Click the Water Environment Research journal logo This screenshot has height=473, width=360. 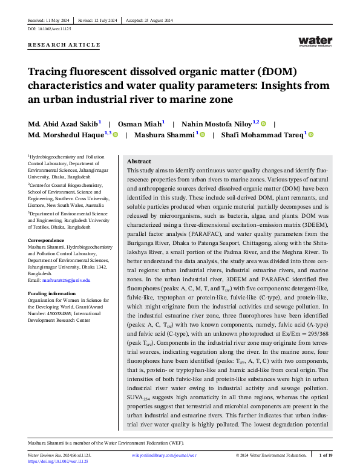[315, 41]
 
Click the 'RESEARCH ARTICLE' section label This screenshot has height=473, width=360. [64, 45]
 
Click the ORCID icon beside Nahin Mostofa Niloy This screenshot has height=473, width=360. [264, 123]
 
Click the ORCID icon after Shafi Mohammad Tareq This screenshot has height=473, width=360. [311, 135]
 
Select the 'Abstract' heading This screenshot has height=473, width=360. [139, 161]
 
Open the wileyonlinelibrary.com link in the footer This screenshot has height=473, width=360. [164, 455]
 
